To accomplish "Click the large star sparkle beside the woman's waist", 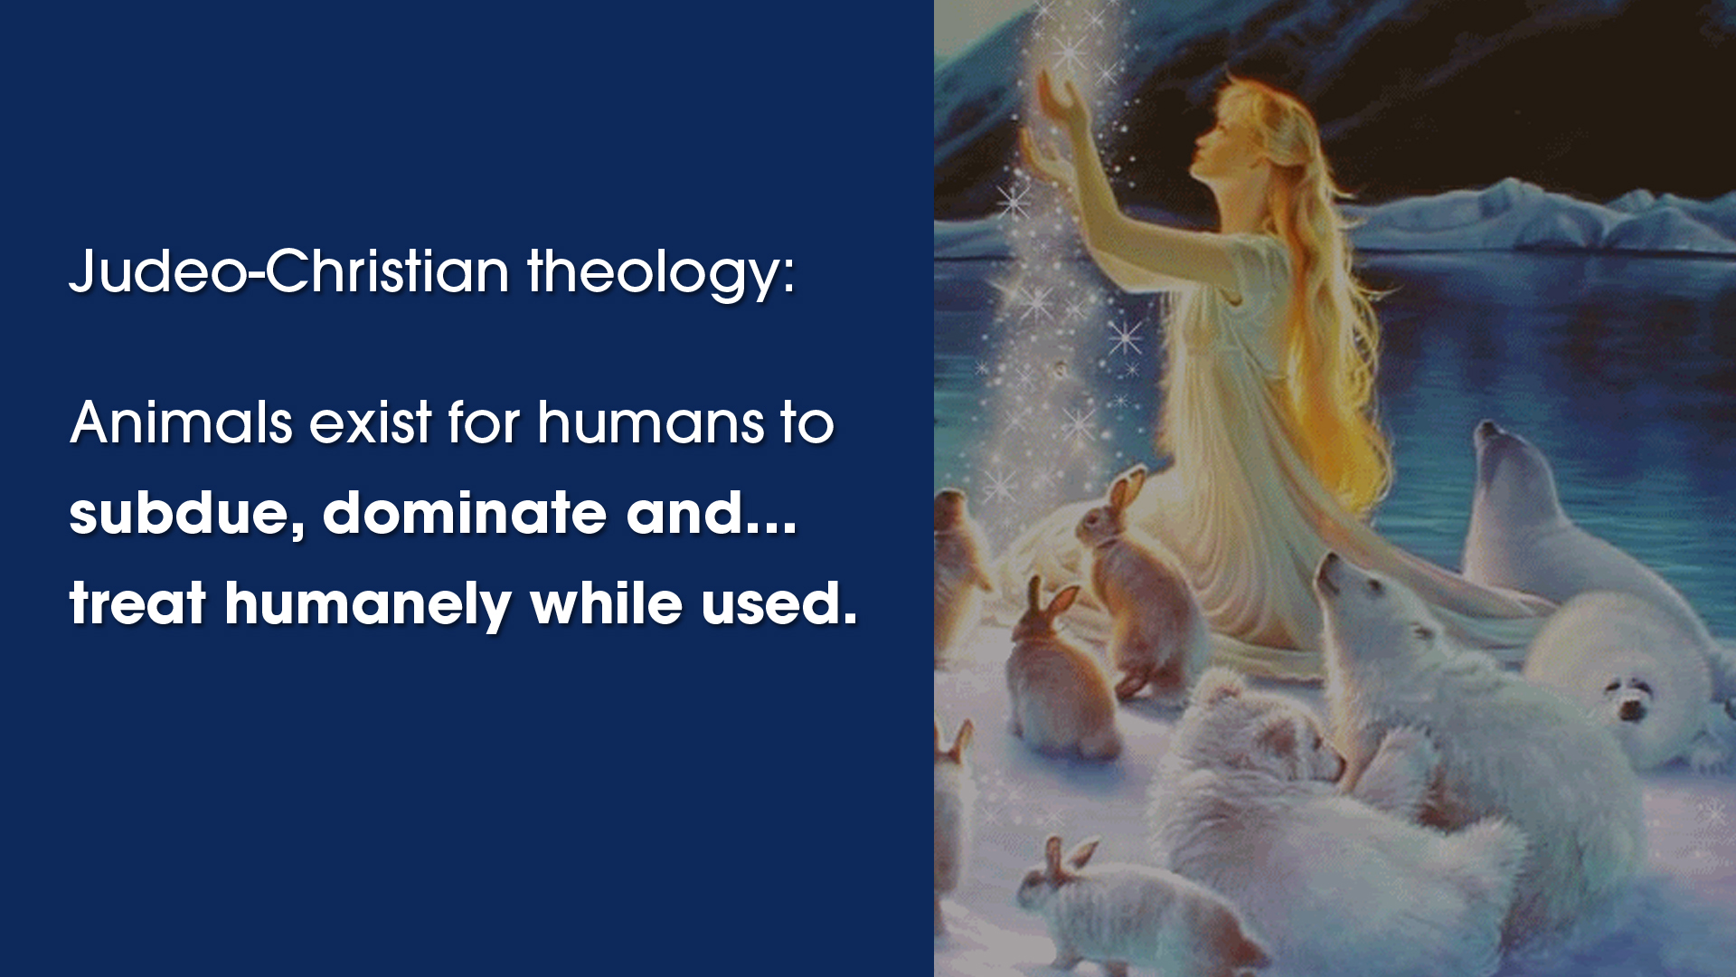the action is pyautogui.click(x=1126, y=338).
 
